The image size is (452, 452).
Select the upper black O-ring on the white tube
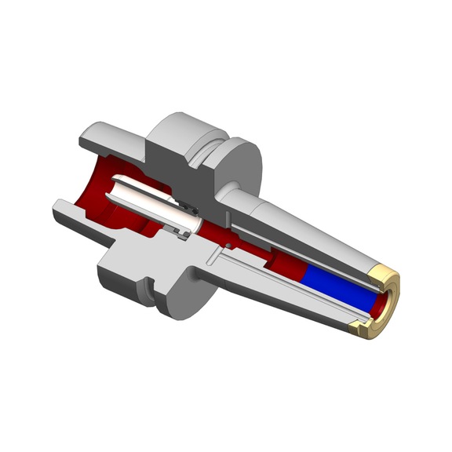point(188,210)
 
